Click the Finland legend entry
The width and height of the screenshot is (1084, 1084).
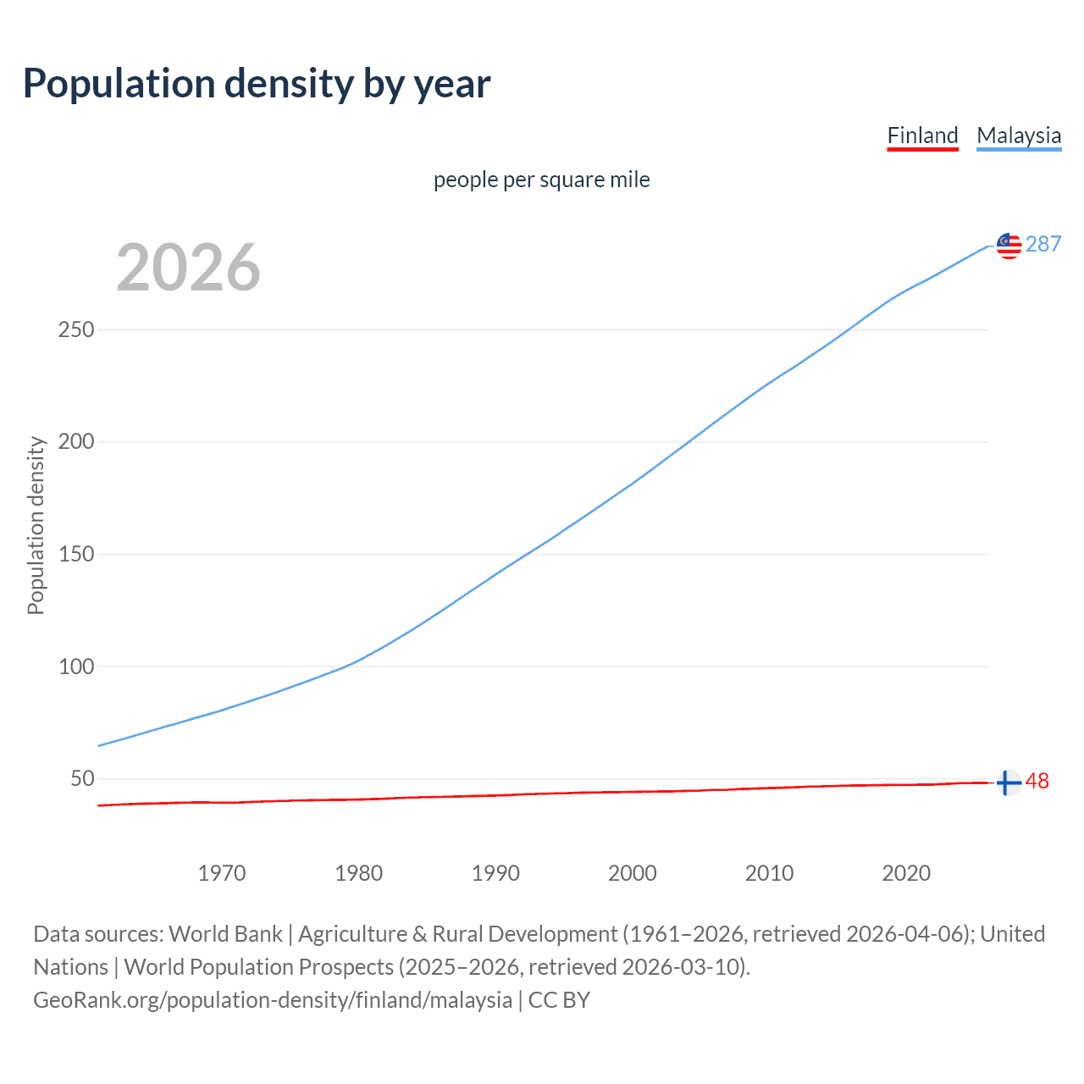pos(922,135)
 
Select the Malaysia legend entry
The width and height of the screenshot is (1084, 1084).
pos(1018,135)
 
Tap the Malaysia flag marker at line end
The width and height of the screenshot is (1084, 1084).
pos(1009,246)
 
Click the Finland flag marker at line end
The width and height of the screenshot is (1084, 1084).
pos(1008,783)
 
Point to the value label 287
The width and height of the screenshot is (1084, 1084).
pos(1043,244)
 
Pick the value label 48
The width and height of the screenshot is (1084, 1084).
pos(1037,781)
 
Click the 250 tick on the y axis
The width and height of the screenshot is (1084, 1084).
pos(75,329)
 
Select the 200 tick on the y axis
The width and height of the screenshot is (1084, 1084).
pos(75,441)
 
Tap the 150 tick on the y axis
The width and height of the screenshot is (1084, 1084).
pos(75,554)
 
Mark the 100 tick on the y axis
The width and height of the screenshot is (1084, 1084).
pos(75,666)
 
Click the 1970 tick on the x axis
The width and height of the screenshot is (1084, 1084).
pos(222,872)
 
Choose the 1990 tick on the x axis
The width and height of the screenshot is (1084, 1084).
pos(495,872)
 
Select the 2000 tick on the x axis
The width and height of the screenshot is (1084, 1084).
pos(632,872)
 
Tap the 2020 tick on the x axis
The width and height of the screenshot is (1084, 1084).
pos(906,872)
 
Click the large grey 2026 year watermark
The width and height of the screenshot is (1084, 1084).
pos(188,268)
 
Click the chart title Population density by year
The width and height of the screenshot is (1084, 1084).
pos(257,83)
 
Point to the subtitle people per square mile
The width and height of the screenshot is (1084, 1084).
pos(541,180)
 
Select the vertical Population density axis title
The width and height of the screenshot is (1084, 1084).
pos(36,525)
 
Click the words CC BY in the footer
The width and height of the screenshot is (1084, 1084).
pos(559,1000)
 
